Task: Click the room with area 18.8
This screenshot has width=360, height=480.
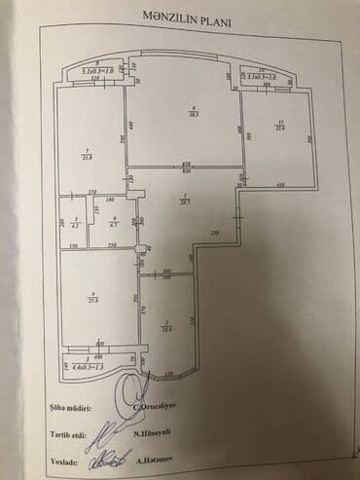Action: coord(167,326)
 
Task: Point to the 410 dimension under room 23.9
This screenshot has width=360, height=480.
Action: coord(278,185)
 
